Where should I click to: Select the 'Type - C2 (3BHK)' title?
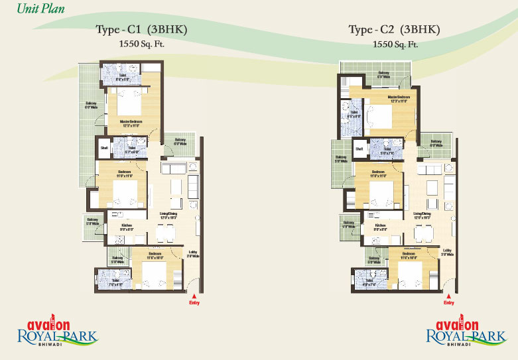click(394, 30)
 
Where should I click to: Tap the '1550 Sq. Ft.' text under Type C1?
click(139, 44)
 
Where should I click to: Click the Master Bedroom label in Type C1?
click(130, 121)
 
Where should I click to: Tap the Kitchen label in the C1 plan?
click(127, 227)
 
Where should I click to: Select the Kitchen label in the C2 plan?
click(380, 226)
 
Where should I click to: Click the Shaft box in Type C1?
click(103, 147)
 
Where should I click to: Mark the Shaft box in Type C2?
click(359, 149)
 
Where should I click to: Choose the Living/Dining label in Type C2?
click(422, 213)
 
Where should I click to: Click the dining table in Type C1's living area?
click(164, 232)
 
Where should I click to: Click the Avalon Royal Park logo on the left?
click(56, 332)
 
